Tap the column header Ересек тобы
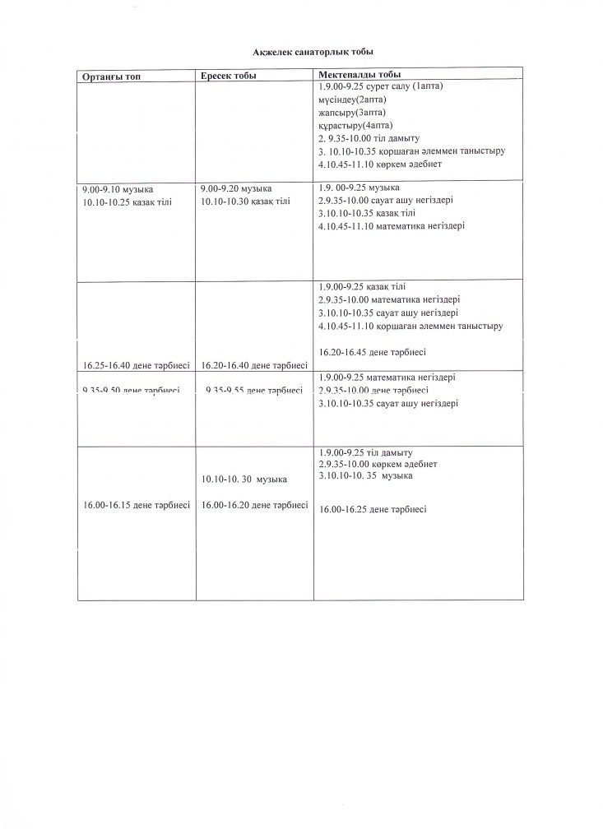(228, 76)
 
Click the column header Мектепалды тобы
(354, 75)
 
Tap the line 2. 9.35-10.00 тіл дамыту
(369, 138)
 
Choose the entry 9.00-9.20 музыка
(230, 189)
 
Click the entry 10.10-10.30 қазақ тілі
(244, 201)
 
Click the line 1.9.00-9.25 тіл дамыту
(364, 453)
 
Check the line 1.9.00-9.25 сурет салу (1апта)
(380, 86)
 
